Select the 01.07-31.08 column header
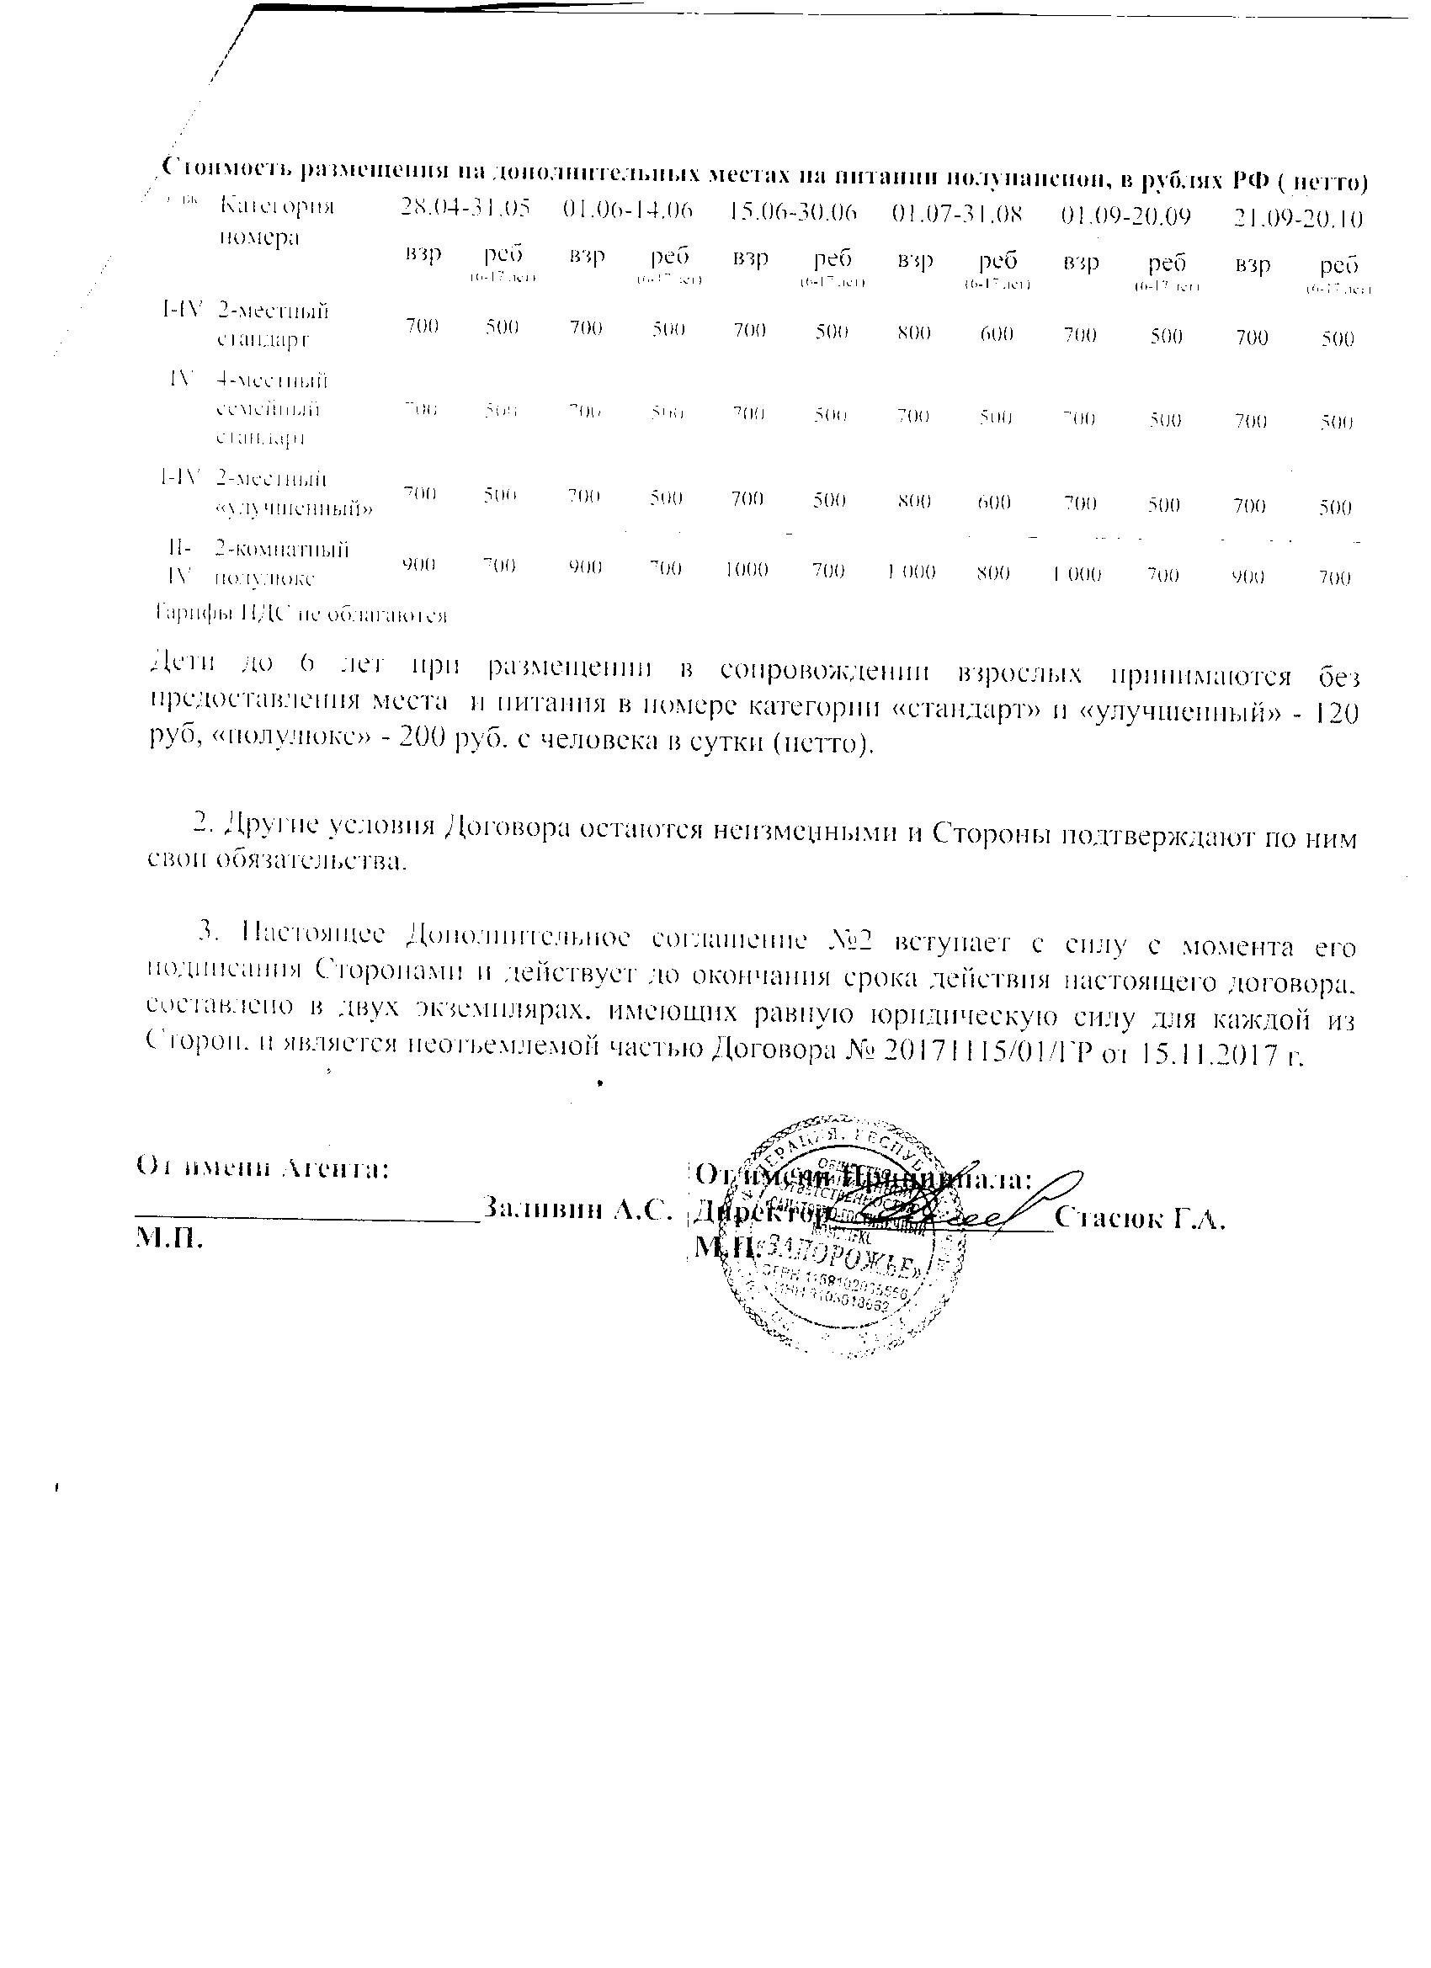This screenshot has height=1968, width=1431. (957, 214)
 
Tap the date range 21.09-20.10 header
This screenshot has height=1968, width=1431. (1298, 217)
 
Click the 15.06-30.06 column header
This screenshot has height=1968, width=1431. (793, 213)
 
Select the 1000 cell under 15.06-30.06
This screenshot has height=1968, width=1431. (747, 569)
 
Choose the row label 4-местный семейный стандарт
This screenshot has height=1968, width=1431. (271, 409)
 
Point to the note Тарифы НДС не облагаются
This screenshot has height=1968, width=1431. (301, 615)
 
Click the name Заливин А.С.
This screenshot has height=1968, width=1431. (577, 1208)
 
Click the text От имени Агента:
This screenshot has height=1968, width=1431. (262, 1169)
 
